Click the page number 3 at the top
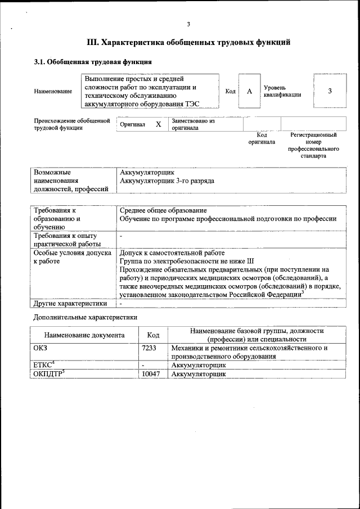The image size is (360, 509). click(x=188, y=24)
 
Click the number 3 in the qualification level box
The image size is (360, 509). click(x=330, y=91)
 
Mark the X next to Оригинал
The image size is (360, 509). click(x=159, y=124)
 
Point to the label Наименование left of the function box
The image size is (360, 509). click(x=53, y=92)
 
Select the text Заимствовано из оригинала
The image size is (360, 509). click(x=193, y=124)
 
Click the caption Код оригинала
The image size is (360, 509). click(x=262, y=138)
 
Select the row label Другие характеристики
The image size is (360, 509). click(x=70, y=304)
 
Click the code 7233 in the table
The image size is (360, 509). click(x=149, y=348)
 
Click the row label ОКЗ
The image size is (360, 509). click(x=41, y=348)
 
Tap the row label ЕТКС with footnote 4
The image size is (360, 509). click(x=44, y=365)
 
